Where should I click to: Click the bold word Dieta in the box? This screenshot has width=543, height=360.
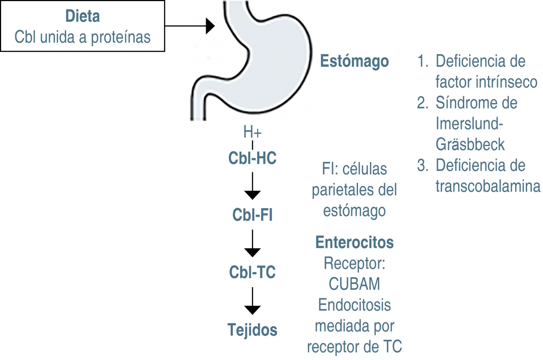83,16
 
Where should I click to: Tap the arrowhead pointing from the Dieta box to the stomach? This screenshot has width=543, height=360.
210,26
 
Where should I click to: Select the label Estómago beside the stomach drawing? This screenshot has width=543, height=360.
354,61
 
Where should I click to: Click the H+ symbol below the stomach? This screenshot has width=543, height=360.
252,132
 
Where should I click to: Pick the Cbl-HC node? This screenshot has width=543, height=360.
252,158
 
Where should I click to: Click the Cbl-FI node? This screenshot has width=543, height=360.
252,215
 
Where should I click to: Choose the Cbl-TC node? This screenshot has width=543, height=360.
252,272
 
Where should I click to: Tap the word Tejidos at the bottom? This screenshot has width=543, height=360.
252,330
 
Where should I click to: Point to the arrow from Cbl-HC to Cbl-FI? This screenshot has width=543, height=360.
252,186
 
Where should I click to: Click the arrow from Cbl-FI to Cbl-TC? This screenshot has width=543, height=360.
252,244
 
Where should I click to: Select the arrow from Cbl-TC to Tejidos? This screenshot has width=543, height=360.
252,301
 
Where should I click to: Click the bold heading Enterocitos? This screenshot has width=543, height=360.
354,242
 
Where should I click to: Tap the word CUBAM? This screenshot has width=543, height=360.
354,284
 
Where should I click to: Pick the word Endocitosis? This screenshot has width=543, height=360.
354,305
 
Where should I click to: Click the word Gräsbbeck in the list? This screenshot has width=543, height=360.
470,144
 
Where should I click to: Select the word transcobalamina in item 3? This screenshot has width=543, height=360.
487,186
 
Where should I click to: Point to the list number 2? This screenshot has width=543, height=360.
422,103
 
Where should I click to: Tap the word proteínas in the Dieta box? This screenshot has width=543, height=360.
121,37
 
